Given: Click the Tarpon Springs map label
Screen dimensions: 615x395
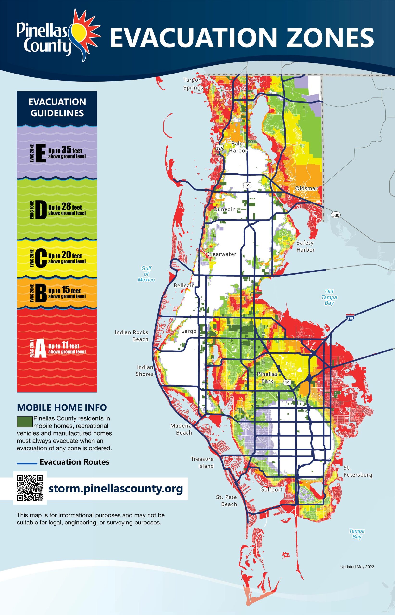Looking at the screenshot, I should pyautogui.click(x=193, y=84).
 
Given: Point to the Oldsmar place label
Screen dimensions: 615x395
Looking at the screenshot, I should pyautogui.click(x=306, y=188).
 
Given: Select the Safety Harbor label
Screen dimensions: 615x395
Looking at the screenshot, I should pyautogui.click(x=305, y=246).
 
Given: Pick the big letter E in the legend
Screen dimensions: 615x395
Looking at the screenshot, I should pyautogui.click(x=41, y=153).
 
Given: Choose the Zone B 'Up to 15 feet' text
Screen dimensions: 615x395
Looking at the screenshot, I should pyautogui.click(x=65, y=291).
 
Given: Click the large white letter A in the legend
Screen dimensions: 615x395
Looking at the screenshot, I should pyautogui.click(x=41, y=348).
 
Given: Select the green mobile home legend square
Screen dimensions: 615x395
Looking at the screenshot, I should pyautogui.click(x=25, y=422).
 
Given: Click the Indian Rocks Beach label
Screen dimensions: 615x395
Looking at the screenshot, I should pyautogui.click(x=131, y=336).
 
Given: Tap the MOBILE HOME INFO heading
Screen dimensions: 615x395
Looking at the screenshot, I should pyautogui.click(x=62, y=407).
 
